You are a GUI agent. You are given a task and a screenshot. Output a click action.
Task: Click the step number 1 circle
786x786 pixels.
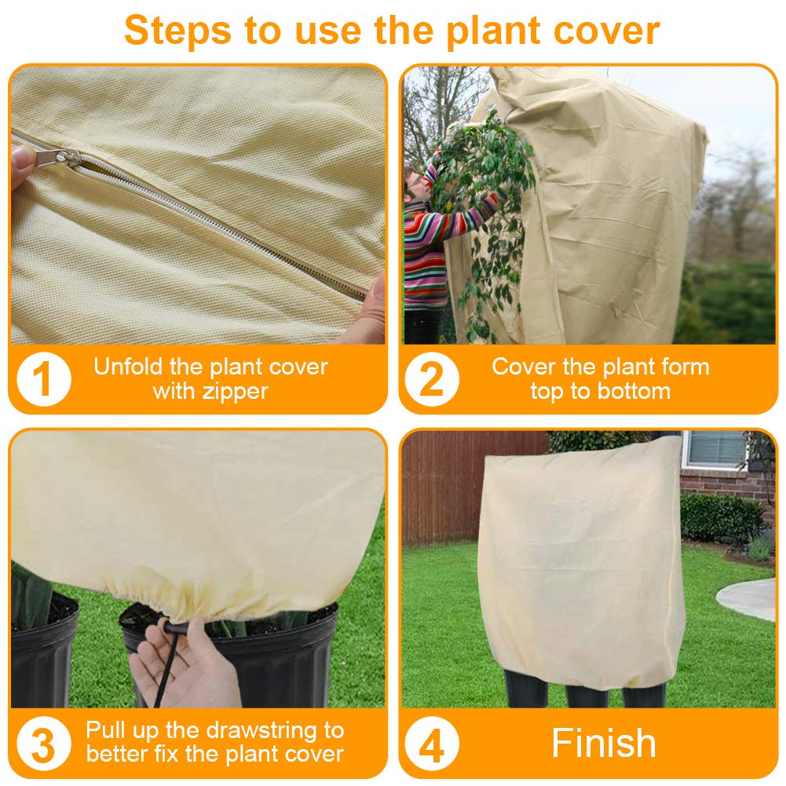[43, 379]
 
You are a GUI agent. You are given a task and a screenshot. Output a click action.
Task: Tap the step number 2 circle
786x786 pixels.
[432, 379]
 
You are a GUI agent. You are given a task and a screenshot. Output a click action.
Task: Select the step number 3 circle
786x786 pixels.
[43, 743]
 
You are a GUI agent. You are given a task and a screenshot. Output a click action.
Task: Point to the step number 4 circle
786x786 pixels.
[432, 743]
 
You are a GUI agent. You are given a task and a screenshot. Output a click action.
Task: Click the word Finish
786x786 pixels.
[603, 743]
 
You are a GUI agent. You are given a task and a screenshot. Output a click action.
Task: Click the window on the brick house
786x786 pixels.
[715, 449]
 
